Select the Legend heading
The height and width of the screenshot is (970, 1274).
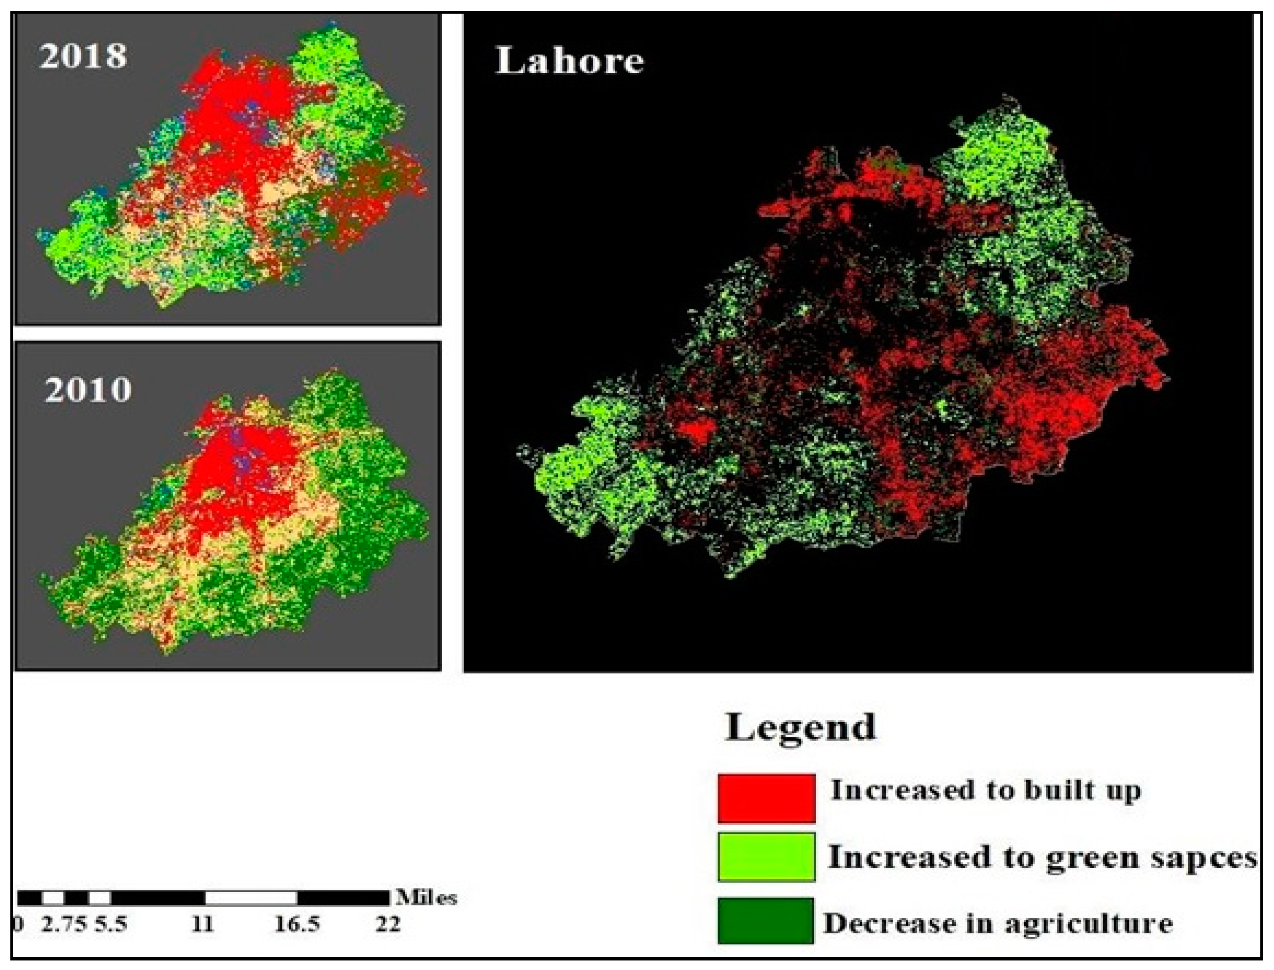(800, 727)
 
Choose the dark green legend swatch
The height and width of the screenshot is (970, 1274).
(766, 920)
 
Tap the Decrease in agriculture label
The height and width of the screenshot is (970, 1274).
(998, 923)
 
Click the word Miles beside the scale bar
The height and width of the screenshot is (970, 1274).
(426, 898)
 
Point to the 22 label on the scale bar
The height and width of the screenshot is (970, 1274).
(388, 924)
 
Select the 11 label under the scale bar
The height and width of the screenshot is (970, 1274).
(203, 924)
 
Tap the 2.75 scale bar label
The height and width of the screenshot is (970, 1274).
(63, 924)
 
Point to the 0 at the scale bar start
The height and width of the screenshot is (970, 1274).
(19, 924)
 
